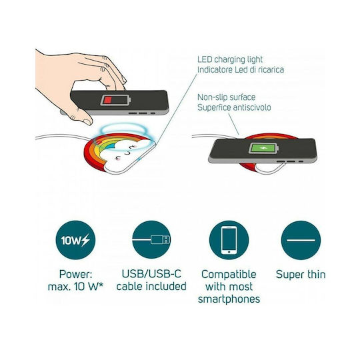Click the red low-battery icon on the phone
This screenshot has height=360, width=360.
[x=115, y=100]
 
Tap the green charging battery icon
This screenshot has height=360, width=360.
[x=263, y=148]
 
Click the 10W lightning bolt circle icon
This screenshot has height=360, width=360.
[x=75, y=240]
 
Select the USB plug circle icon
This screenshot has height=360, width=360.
[x=151, y=240]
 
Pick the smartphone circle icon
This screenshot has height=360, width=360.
[x=229, y=240]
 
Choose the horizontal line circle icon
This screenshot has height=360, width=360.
[x=301, y=240]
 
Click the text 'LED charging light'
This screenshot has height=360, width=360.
[x=230, y=59]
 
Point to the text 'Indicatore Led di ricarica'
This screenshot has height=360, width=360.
[x=241, y=69]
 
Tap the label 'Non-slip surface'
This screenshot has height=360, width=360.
[x=227, y=97]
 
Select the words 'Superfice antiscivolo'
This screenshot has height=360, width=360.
[x=234, y=107]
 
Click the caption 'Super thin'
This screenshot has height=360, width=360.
[x=301, y=275]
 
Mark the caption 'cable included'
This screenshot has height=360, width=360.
[x=151, y=287]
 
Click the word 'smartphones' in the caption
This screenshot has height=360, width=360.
[x=229, y=299]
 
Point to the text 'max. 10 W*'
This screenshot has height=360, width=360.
[x=75, y=287]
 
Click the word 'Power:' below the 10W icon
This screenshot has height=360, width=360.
[x=75, y=274]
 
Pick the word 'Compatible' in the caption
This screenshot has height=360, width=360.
[x=229, y=275]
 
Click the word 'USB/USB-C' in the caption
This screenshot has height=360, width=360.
[x=151, y=274]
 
